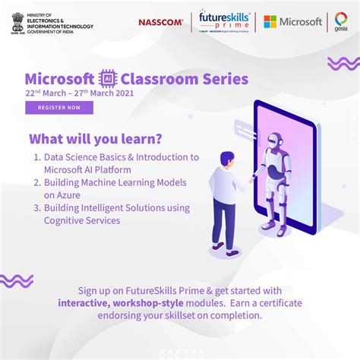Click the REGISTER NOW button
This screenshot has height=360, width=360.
pyautogui.click(x=58, y=108)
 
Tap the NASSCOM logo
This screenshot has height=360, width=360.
pyautogui.click(x=160, y=22)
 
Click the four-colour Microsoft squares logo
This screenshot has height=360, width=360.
pyautogui.click(x=270, y=22)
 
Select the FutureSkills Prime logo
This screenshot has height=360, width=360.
pyautogui.click(x=223, y=21)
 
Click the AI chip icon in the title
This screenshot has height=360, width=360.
pyautogui.click(x=107, y=79)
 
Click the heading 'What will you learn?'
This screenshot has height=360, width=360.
pyautogui.click(x=96, y=140)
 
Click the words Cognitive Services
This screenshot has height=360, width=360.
pyautogui.click(x=82, y=220)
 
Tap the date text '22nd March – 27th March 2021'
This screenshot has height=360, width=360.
pyautogui.click(x=78, y=93)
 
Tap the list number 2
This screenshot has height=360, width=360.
pyautogui.click(x=36, y=182)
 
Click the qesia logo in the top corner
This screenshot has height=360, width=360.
pyautogui.click(x=342, y=22)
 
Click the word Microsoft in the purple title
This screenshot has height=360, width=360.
pyautogui.click(x=59, y=79)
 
